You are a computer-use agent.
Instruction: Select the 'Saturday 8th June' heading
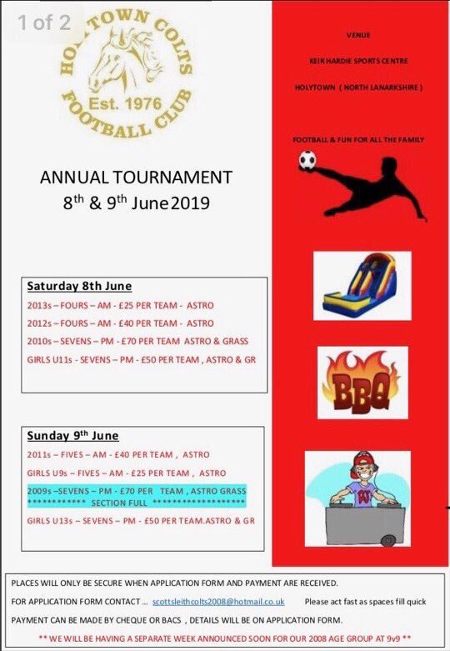point(79,287)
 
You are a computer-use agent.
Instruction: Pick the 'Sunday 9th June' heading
point(72,436)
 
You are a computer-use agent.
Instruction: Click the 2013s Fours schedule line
point(120,305)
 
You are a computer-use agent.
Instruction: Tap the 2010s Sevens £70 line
point(137,341)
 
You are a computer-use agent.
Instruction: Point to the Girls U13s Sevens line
point(141,521)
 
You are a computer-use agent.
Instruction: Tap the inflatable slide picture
point(361,286)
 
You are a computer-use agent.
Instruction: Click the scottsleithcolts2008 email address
point(217,601)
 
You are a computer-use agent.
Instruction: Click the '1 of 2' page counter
point(41,23)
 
